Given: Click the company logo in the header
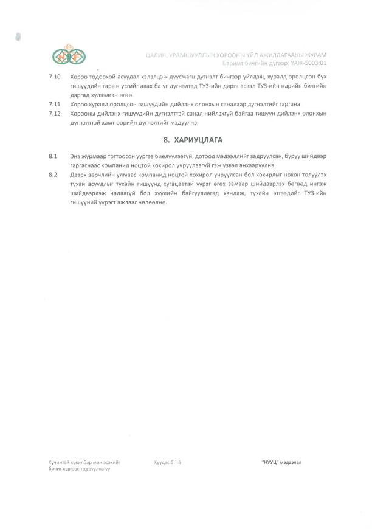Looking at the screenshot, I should (x=69, y=55).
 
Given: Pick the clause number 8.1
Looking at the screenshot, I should (x=53, y=157).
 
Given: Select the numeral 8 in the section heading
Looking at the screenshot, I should (x=165, y=140).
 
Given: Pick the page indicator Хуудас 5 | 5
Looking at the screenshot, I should (x=168, y=463).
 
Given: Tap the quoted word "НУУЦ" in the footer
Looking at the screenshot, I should (x=270, y=463).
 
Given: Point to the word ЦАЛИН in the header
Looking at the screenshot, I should (x=157, y=55).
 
